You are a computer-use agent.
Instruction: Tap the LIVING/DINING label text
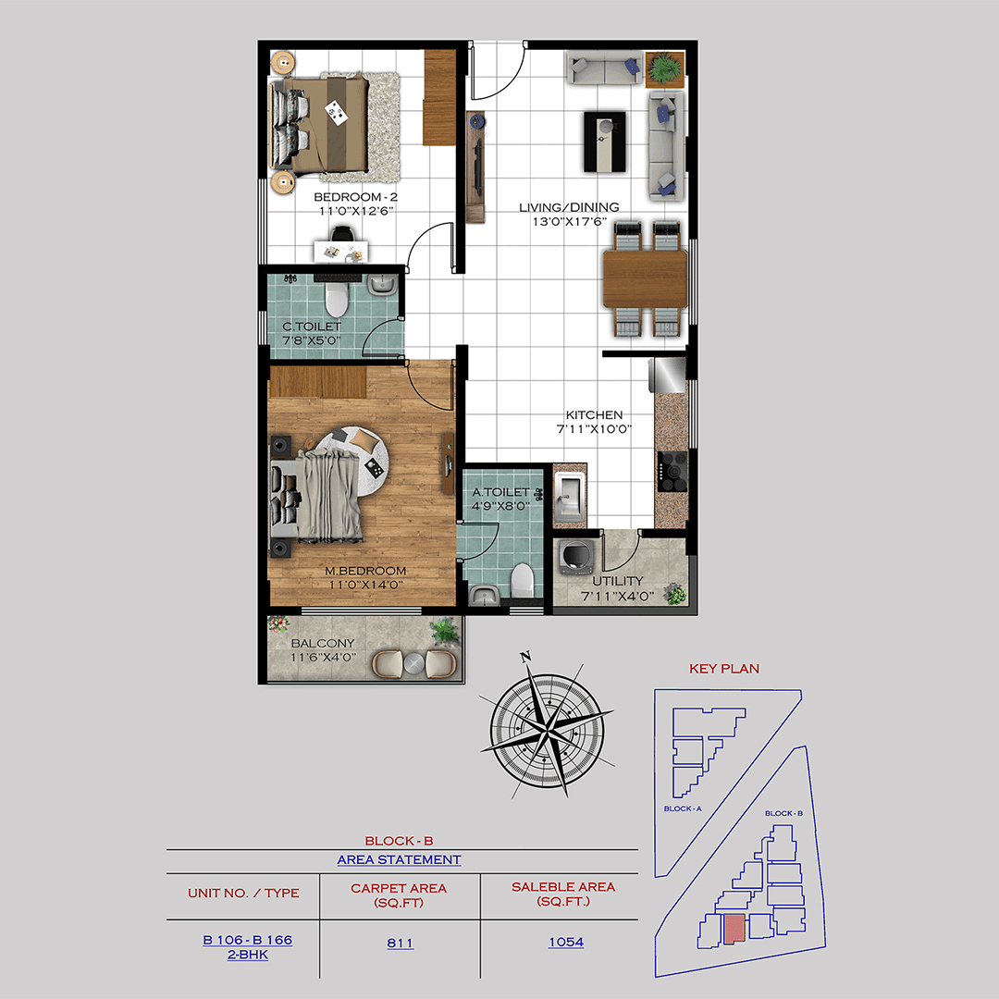click(569, 207)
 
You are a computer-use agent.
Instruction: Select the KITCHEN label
click(595, 415)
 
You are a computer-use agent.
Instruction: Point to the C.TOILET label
click(312, 327)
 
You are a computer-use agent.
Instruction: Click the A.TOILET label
click(499, 493)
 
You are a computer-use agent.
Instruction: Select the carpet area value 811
click(400, 943)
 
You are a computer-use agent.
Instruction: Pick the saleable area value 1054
click(565, 943)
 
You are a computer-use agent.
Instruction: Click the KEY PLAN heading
click(724, 668)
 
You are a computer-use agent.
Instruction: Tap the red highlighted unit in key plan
click(734, 929)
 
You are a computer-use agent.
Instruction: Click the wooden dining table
click(645, 279)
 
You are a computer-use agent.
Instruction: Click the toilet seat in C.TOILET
click(336, 299)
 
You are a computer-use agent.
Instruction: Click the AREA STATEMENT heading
click(399, 859)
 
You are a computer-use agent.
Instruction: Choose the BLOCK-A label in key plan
click(683, 808)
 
